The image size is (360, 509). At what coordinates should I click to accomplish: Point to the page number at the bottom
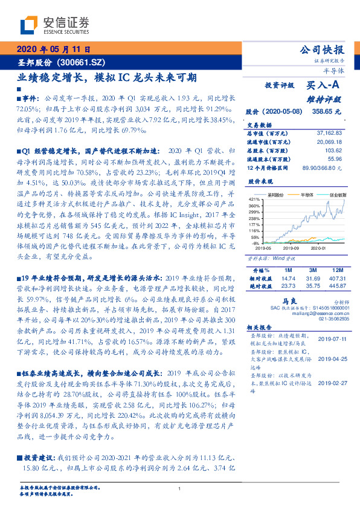click(180, 489)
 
